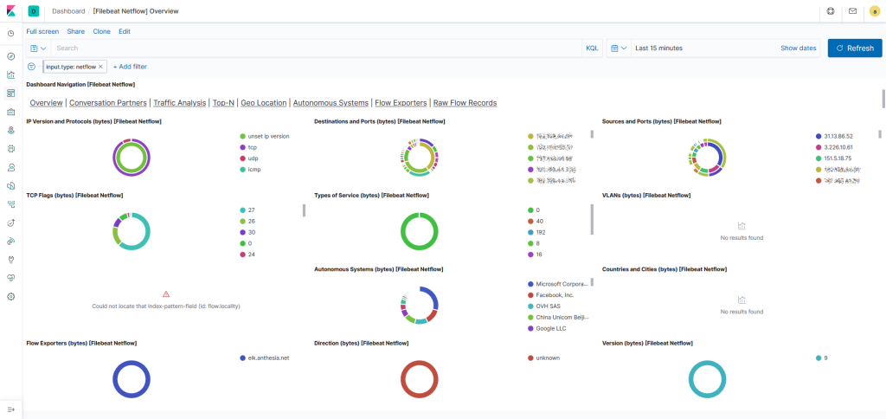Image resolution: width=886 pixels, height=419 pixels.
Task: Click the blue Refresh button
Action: pyautogui.click(x=854, y=48)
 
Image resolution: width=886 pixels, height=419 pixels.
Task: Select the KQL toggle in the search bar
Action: pyautogui.click(x=592, y=48)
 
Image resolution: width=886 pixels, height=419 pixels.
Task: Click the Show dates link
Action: pyautogui.click(x=798, y=48)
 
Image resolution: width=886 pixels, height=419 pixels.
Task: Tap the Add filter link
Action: pyautogui.click(x=130, y=66)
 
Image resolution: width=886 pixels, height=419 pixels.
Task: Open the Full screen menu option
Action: pyautogui.click(x=42, y=31)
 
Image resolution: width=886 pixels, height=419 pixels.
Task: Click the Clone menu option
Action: pyautogui.click(x=101, y=31)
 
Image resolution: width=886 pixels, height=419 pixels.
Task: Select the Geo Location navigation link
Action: pyautogui.click(x=263, y=102)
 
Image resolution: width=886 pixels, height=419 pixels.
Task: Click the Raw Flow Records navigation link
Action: pyautogui.click(x=465, y=102)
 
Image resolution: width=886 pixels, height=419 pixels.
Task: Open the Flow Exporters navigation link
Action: pyautogui.click(x=401, y=102)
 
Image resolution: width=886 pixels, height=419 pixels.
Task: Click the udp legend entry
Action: pyautogui.click(x=253, y=158)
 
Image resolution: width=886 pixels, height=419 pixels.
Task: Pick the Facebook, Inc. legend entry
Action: pyautogui.click(x=556, y=295)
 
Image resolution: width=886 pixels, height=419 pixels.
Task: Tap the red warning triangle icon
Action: pyautogui.click(x=166, y=294)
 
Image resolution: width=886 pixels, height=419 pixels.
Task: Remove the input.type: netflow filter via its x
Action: pyautogui.click(x=100, y=66)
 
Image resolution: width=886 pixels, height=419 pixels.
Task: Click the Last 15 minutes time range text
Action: pyautogui.click(x=659, y=48)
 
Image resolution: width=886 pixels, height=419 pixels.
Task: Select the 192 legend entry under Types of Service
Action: pyautogui.click(x=542, y=233)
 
